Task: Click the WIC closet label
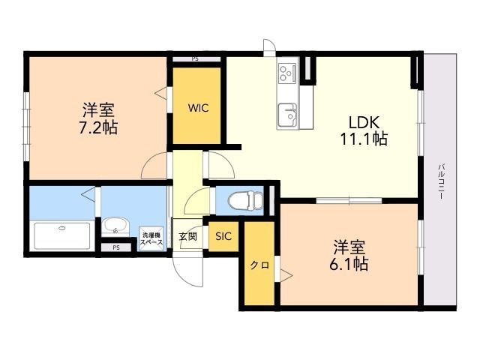[x=198, y=107]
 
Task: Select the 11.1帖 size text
[x=364, y=139]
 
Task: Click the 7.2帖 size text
[x=97, y=126]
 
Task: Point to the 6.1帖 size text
[x=349, y=264]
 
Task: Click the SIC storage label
[x=223, y=236]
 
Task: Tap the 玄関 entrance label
[x=187, y=237]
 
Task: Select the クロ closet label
[x=259, y=265]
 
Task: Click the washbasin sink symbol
[x=115, y=226]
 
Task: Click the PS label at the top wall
[x=195, y=58]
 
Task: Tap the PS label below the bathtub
[x=115, y=247]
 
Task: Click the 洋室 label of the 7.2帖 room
[x=97, y=109]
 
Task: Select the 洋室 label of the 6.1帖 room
[x=349, y=247]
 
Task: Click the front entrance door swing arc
[x=187, y=270]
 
